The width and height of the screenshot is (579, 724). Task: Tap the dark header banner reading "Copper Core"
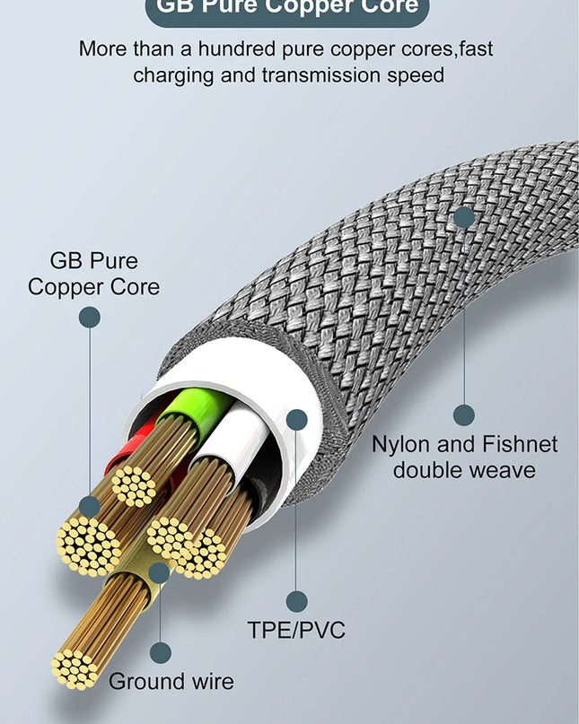pos(286,7)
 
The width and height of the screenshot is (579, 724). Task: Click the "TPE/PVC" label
pos(296,630)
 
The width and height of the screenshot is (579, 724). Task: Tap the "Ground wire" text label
pos(171,682)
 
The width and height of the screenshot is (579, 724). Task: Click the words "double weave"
pos(464,469)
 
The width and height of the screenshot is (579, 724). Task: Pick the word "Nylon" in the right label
pos(402,444)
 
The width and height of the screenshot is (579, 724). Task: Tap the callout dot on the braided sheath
pos(463,216)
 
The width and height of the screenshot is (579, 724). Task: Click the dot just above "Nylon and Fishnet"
pos(463,414)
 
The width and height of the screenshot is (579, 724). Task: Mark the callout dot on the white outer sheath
pos(296,420)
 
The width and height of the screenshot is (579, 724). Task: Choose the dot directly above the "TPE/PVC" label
pos(296,602)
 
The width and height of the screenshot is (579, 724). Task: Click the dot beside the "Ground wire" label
pos(160,653)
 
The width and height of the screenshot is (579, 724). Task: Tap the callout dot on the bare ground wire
pos(159,572)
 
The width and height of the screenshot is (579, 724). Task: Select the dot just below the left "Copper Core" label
pos(89,317)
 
